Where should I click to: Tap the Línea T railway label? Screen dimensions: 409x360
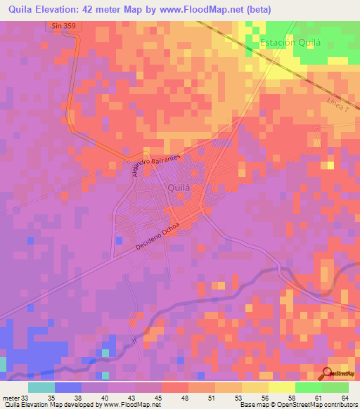(338, 105)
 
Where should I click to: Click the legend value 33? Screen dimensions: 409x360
(27, 398)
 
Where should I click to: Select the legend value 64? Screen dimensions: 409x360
(345, 398)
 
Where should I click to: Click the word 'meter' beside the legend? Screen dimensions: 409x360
(11, 398)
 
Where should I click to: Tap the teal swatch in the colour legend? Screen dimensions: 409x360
(41, 387)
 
